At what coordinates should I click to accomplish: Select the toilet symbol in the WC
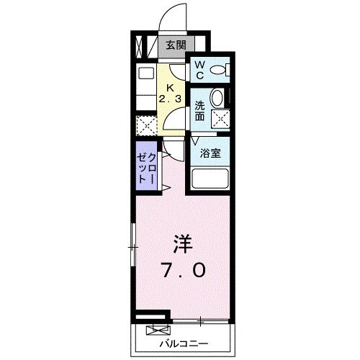222,70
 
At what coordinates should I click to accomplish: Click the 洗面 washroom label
199,110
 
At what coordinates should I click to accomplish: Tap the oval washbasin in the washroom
217,98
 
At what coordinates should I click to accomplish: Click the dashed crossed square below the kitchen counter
146,125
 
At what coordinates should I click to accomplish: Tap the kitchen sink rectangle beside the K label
146,74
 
